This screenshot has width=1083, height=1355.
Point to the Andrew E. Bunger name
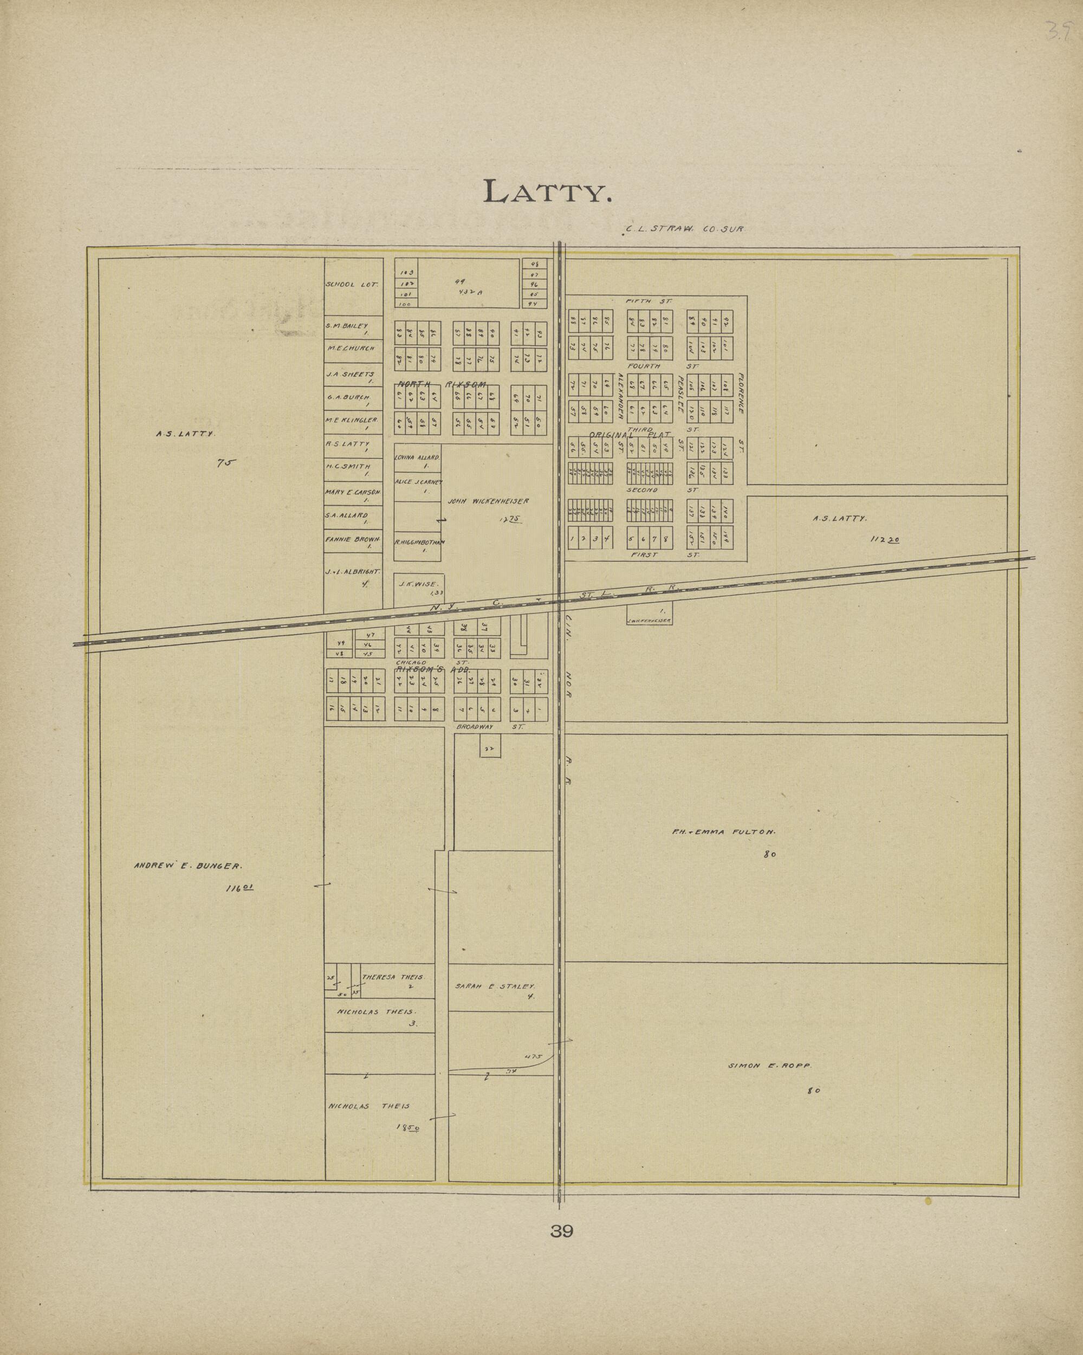coord(186,866)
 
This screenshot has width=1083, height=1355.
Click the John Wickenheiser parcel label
coord(488,501)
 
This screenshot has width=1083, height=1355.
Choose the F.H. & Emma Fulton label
coord(724,832)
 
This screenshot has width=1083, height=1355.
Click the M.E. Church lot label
coord(351,348)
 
